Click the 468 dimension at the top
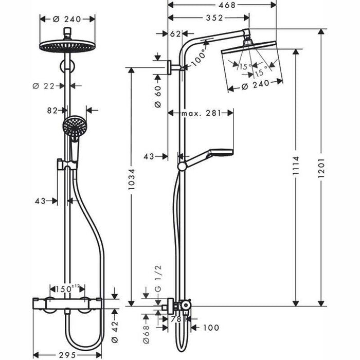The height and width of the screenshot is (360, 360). [x=222, y=6]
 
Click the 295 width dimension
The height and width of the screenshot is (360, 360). [x=67, y=354]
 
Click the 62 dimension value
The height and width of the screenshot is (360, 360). [x=175, y=34]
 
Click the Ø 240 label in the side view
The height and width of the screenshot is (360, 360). [x=255, y=88]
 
